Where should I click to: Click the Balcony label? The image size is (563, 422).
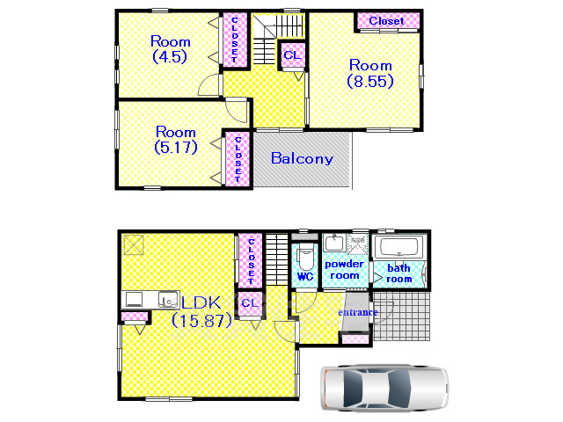(302, 158)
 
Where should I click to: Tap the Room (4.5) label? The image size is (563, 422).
(170, 49)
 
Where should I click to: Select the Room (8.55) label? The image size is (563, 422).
(370, 73)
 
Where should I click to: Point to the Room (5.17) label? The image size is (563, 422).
(176, 140)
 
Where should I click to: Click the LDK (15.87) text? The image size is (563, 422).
(201, 311)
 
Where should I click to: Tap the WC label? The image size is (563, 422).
(305, 277)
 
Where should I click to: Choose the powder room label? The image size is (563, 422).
(344, 270)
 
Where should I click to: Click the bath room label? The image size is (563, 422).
(398, 273)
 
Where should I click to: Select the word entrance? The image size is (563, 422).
(358, 312)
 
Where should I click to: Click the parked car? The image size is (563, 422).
(384, 388)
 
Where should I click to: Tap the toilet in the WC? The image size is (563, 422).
(305, 257)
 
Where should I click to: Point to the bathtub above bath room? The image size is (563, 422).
(398, 246)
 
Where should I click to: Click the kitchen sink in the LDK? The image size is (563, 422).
(168, 299)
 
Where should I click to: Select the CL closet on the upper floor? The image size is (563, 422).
(292, 55)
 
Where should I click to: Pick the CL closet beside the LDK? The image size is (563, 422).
(250, 303)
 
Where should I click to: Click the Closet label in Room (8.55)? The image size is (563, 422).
(386, 21)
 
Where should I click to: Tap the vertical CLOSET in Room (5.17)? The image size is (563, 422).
(238, 159)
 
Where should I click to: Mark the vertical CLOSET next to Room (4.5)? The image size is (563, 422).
(235, 40)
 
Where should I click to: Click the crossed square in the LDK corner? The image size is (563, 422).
(133, 245)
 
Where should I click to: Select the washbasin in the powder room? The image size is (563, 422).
(334, 243)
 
